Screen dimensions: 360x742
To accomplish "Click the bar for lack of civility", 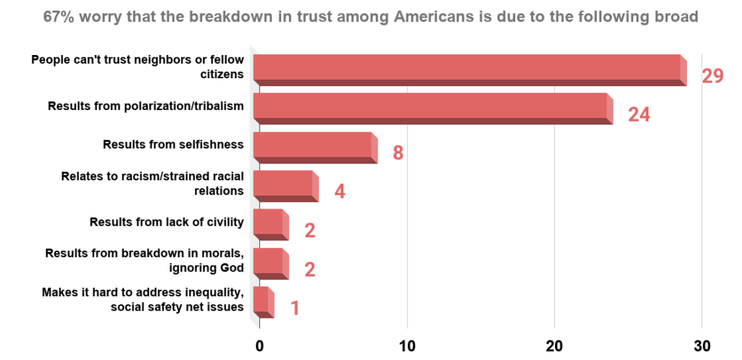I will click(270, 225).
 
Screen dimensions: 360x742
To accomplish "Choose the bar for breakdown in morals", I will click(270, 264).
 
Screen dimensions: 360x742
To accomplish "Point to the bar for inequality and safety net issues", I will click(263, 302).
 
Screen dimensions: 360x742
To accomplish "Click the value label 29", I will click(712, 75).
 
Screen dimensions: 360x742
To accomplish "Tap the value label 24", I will click(638, 114).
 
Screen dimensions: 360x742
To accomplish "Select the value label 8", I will click(397, 153).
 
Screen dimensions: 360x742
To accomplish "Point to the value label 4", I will click(339, 192).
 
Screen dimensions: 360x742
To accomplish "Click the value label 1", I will click(295, 308).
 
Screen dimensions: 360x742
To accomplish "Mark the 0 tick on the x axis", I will click(259, 345).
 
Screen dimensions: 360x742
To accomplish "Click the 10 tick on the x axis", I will click(407, 345).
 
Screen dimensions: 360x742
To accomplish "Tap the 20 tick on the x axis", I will click(554, 345).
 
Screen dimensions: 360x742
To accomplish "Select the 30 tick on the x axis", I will click(701, 345).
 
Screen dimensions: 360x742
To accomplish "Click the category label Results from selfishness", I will click(172, 144).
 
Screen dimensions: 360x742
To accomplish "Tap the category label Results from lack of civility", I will click(166, 222).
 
